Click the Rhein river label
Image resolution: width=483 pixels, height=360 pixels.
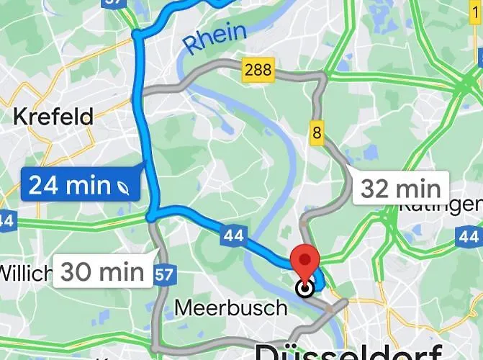(x=215, y=39)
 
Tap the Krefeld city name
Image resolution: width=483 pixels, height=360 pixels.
(x=54, y=116)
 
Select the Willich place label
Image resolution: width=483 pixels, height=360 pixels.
(x=26, y=273)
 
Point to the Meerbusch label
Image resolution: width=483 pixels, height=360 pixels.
(x=230, y=309)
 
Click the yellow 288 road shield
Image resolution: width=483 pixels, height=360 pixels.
(x=258, y=71)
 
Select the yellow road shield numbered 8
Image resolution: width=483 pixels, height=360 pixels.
(x=316, y=132)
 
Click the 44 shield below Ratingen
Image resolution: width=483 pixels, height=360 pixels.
(x=469, y=235)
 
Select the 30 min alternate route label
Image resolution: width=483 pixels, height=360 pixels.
(x=102, y=272)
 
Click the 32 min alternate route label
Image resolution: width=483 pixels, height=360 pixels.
(x=400, y=189)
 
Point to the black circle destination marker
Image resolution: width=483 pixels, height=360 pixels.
(x=305, y=289)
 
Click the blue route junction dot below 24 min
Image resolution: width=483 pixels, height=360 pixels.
(x=151, y=215)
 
